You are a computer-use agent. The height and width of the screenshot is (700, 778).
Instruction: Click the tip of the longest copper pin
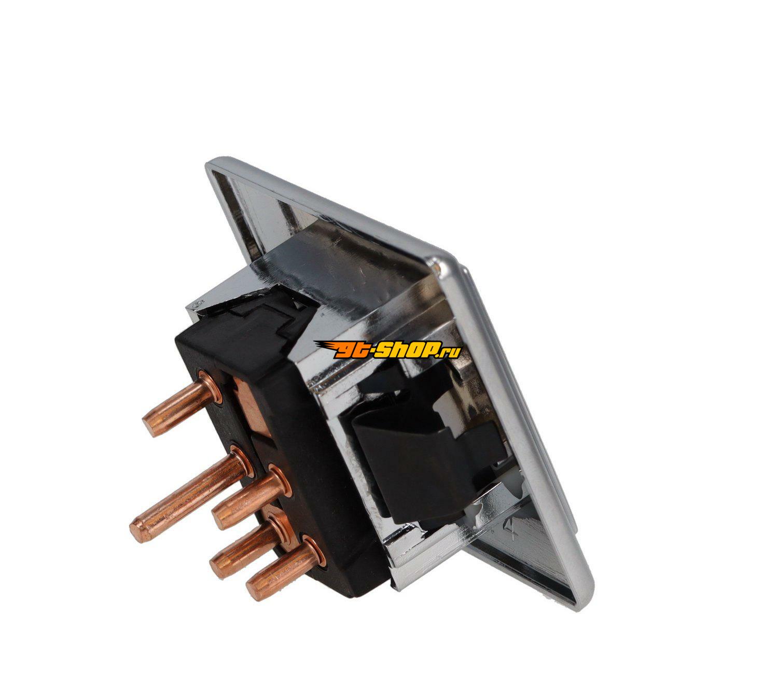[x=136, y=532]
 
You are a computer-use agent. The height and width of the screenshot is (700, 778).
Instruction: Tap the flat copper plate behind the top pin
[x=252, y=403]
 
